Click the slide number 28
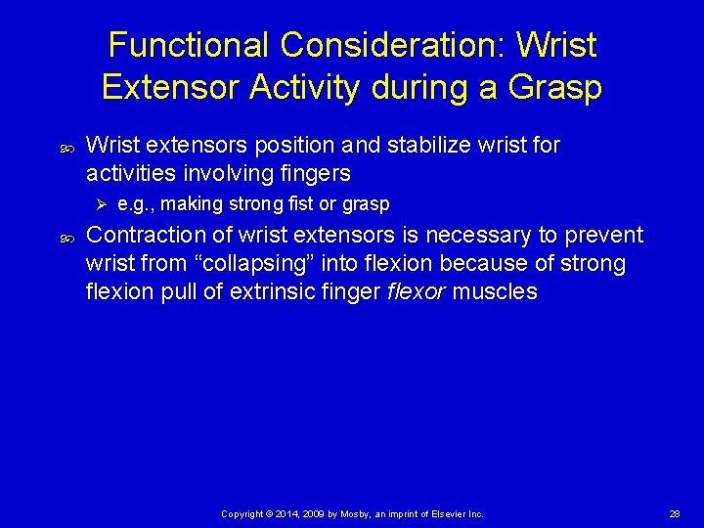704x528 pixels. pyautogui.click(x=675, y=513)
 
